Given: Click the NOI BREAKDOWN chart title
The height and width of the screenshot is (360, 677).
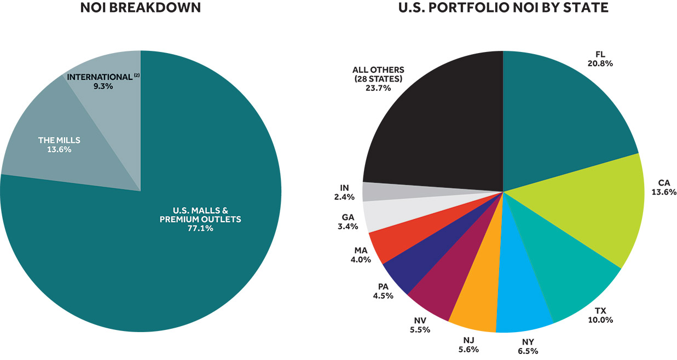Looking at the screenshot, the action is point(141,8).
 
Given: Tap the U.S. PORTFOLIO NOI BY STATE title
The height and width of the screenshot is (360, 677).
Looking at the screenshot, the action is point(503,8).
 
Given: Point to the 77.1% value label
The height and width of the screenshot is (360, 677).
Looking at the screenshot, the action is point(200,228).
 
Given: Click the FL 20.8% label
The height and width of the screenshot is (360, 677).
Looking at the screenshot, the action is point(600,59).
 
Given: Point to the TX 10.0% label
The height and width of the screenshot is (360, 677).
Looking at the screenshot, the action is point(600,315).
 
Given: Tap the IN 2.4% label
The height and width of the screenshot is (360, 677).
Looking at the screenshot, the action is point(344,193).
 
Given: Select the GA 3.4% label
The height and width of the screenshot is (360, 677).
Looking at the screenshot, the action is point(348,222).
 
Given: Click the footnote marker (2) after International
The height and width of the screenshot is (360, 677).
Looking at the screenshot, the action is point(137,74).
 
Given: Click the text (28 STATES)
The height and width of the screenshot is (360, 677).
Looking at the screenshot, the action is point(378,79).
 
